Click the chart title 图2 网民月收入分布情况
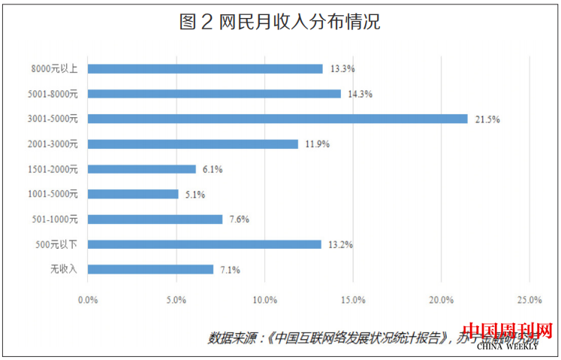pos(280,23)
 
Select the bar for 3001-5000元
pos(277,119)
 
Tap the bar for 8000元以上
pos(205,68)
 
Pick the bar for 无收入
pos(150,269)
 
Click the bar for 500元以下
pos(204,244)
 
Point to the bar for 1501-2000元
pos(142,169)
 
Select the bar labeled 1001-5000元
pos(133,194)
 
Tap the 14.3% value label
pos(358,94)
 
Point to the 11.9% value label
pos(316,144)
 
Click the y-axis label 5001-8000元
pos(56,94)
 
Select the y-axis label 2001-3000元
pos(56,144)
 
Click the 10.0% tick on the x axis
pos(264,301)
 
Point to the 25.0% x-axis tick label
pos(529,301)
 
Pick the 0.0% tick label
pos(88,301)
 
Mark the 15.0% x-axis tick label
pos(353,301)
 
